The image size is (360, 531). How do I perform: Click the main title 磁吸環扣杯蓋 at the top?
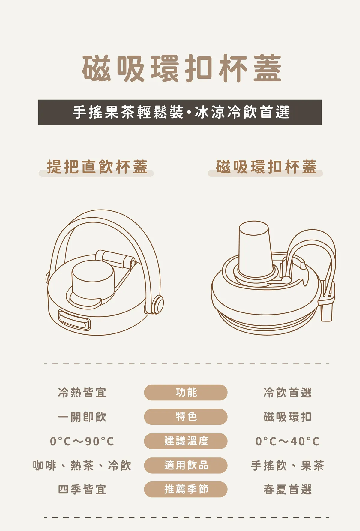tap(182, 68)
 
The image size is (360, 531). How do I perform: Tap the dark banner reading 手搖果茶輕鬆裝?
tap(180, 112)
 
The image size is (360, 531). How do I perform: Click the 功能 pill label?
tap(186, 392)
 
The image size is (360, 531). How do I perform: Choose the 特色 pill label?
tap(186, 417)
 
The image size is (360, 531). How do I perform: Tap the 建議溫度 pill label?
tap(186, 441)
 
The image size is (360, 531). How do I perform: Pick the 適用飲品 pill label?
tap(186, 465)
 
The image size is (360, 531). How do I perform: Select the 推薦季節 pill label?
tap(186, 489)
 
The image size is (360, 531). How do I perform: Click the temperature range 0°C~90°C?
tap(82, 441)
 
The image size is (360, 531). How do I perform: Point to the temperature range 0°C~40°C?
tap(287, 441)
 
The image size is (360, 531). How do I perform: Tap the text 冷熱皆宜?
tap(82, 393)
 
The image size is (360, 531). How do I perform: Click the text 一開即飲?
tap(82, 417)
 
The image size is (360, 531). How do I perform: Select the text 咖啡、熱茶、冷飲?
tap(82, 466)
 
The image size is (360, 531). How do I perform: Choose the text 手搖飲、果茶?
tap(287, 466)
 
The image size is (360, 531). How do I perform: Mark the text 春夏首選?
tap(287, 490)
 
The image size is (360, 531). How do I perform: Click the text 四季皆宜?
tap(82, 490)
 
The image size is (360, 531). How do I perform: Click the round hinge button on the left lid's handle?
tap(158, 304)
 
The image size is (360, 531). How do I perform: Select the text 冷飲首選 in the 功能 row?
tap(287, 393)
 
